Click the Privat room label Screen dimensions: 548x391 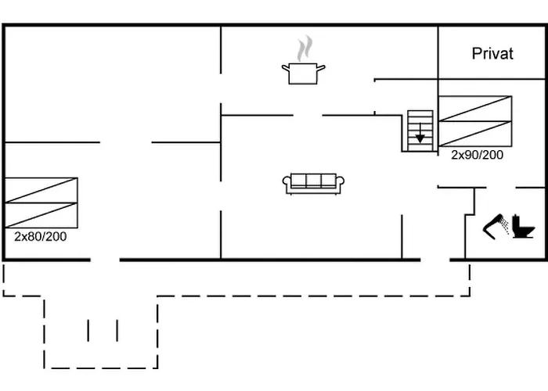(492, 54)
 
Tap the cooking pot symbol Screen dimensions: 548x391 (304, 74)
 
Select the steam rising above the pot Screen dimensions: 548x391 (305, 48)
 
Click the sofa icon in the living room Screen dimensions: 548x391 (313, 183)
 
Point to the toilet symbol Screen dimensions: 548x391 (523, 227)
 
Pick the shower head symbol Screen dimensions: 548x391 (492, 227)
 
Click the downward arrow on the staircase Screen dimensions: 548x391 (420, 134)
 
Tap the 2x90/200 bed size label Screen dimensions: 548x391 (477, 155)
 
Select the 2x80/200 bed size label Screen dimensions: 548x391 (41, 237)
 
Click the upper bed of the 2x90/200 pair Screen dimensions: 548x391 (475, 109)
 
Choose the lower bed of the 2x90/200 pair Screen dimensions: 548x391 (475, 134)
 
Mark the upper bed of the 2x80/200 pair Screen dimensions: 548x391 (41, 190)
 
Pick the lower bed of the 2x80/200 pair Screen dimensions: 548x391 (41, 215)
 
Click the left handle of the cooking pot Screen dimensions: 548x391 (286, 67)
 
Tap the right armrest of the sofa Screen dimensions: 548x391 (340, 181)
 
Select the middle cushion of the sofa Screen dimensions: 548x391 (313, 181)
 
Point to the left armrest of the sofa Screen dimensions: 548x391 (287, 181)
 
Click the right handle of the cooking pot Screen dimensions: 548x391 (321, 67)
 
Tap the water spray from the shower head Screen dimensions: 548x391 (504, 226)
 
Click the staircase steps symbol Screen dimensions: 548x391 (420, 131)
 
